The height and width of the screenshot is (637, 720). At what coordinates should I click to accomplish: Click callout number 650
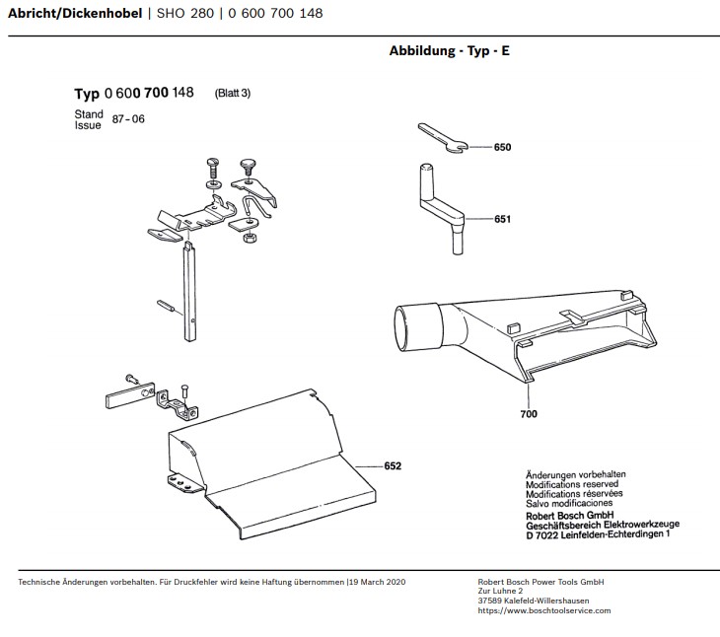point(502,147)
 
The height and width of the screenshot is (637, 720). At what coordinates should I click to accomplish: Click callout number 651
point(502,219)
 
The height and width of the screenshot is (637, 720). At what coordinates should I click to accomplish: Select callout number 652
point(393,466)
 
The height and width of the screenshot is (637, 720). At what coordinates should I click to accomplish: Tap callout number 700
point(529,414)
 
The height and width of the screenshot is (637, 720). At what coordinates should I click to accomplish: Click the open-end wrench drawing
point(442,138)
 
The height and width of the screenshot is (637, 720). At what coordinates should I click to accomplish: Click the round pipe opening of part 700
point(401,328)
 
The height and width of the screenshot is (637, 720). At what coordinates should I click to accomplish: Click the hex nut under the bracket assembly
point(250,238)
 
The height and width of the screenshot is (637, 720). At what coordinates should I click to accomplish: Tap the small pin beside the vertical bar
point(166,306)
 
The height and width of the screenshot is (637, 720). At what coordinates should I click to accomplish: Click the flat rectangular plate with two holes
point(130,395)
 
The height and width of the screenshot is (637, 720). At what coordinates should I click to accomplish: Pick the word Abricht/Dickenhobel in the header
point(75,13)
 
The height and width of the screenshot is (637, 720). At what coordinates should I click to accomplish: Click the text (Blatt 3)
point(233,93)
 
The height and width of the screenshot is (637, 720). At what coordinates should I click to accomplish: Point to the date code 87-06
point(128,119)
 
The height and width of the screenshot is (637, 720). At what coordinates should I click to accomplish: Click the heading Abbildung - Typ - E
point(450,50)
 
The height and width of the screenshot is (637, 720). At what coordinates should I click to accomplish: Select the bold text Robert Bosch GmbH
point(570,516)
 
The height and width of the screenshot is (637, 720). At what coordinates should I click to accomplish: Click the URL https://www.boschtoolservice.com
point(544,610)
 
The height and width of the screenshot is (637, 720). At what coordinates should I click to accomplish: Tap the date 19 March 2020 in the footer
point(378,582)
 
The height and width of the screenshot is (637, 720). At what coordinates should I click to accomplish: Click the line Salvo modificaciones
point(569,504)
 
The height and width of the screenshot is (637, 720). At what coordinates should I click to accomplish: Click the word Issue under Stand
point(88,125)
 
